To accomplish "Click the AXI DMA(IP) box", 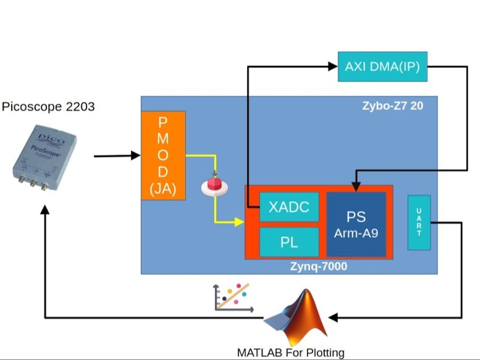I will click(382, 67).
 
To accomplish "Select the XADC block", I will click(289, 206).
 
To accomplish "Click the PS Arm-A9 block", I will click(356, 224).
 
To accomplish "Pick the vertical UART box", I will click(419, 222).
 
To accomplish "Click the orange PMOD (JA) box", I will click(163, 155).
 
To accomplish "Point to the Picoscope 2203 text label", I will click(48, 107).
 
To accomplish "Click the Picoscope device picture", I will click(44, 157).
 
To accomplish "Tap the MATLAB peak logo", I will click(296, 318).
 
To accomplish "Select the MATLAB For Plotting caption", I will click(291, 353).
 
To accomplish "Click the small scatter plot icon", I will click(233, 298).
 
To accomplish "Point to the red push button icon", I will click(213, 185).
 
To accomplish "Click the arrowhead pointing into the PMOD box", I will click(135, 156).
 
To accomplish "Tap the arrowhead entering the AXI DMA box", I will click(333, 67).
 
